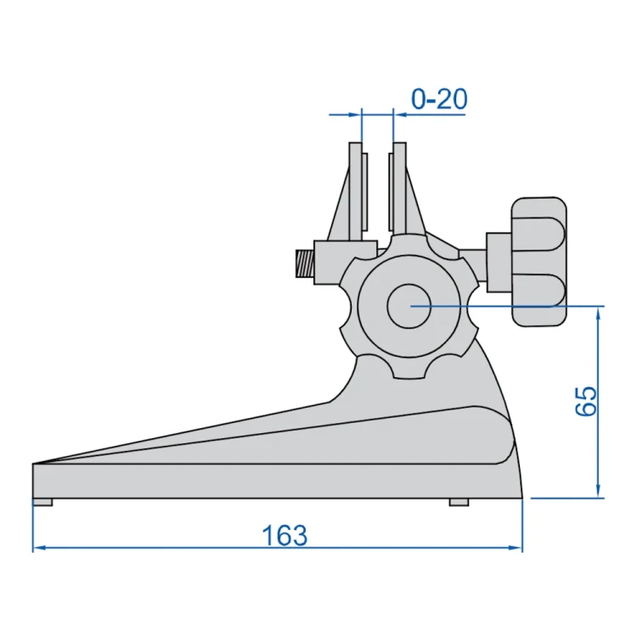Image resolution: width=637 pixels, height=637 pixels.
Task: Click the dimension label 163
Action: [x=285, y=535]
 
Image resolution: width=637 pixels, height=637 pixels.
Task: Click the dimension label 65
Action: [x=587, y=401]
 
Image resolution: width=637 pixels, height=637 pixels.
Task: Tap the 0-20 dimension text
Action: [x=439, y=99]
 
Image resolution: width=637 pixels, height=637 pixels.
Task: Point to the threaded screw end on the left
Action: [x=305, y=263]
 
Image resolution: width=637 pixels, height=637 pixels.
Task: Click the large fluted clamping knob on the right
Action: [x=538, y=262]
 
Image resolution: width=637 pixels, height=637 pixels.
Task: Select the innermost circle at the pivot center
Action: [x=409, y=306]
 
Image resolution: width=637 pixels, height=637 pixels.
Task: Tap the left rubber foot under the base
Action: [x=42, y=502]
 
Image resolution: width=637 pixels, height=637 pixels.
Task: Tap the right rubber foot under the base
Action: [x=459, y=502]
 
